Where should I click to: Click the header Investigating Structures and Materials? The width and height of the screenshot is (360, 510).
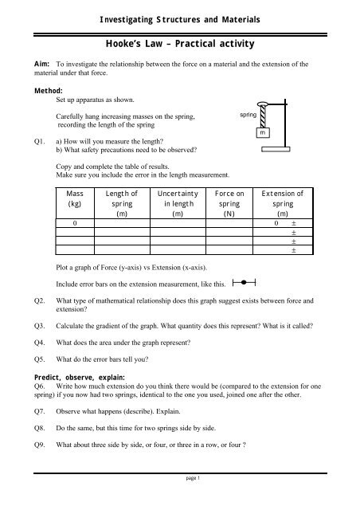[180, 18]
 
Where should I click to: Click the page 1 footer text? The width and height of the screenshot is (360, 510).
[180, 498]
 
